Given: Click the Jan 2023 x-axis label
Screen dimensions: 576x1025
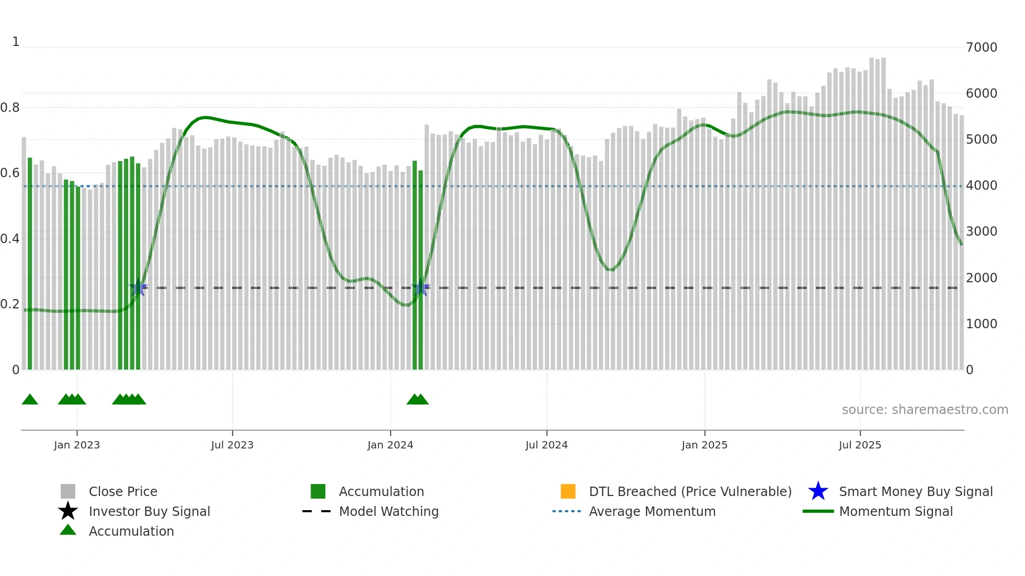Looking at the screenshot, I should (77, 445).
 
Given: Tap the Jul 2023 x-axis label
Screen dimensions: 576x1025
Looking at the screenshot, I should (232, 445).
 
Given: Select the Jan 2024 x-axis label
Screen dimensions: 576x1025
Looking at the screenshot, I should (390, 445).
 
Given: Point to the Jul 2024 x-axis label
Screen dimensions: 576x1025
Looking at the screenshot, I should (546, 445).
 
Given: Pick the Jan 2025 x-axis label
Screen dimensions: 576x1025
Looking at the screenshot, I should (704, 445).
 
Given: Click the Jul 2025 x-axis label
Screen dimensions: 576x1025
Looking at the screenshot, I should (860, 445).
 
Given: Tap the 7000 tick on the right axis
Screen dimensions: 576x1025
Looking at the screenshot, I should (982, 48).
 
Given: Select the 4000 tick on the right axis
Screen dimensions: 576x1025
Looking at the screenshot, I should (982, 186).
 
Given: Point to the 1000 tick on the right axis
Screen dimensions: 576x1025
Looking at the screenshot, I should (982, 324).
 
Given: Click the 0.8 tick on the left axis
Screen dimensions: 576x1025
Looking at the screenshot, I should (10, 108).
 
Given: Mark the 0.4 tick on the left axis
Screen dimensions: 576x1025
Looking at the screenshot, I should (10, 239).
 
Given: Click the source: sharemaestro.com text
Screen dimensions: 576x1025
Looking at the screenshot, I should (925, 410).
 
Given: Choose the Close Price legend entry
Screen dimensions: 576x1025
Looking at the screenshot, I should (123, 492).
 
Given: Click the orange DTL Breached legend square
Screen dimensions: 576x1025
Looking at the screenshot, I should (568, 491).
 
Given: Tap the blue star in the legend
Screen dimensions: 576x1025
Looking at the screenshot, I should (818, 491).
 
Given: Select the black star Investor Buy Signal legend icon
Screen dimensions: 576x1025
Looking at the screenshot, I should (68, 511).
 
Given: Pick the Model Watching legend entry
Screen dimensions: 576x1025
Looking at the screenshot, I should (389, 512).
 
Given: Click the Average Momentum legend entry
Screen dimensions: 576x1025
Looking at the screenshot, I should (652, 512).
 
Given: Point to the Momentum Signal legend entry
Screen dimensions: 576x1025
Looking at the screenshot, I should (896, 512).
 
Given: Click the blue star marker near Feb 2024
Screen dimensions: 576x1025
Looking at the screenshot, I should (420, 287).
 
